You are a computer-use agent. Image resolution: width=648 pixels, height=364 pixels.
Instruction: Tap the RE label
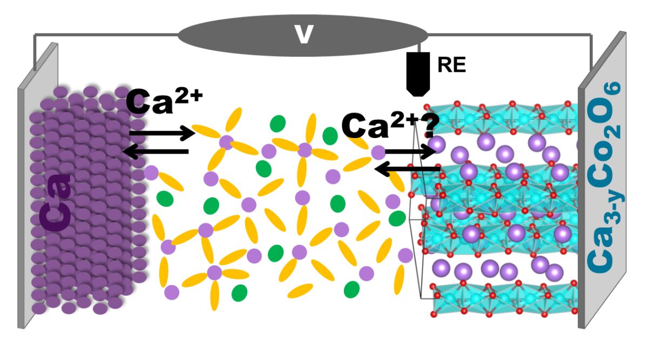451,65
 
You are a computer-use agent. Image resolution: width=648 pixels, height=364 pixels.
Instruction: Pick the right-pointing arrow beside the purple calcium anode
162,132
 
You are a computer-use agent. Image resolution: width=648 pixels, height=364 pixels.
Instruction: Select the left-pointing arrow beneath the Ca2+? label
408,170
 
